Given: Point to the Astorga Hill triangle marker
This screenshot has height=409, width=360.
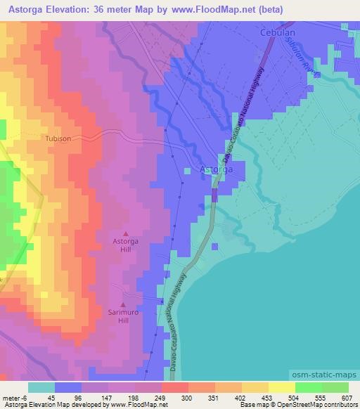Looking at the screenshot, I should tap(127, 233).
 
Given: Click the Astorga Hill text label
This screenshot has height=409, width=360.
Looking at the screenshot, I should tap(127, 245).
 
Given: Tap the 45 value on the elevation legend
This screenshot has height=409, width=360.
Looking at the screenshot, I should tap(51, 398).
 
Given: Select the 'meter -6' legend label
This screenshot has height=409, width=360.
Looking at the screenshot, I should tap(13, 398).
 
